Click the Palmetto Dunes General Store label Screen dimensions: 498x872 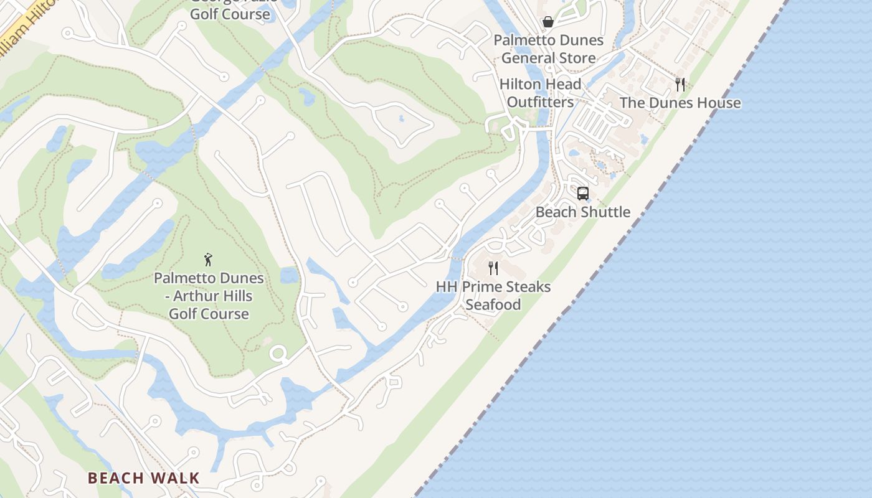[x=548, y=49]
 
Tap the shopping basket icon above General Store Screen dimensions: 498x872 [x=548, y=22]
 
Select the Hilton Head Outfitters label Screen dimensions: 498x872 [x=540, y=93]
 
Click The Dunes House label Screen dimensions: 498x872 [x=680, y=103]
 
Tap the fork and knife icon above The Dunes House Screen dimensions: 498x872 [x=680, y=84]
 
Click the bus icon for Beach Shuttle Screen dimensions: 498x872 [x=583, y=194]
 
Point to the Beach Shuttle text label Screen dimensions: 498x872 [x=583, y=212]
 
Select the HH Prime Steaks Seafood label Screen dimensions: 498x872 [x=493, y=296]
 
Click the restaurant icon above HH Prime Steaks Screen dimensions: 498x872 [x=493, y=268]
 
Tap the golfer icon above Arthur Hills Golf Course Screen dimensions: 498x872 [x=209, y=259]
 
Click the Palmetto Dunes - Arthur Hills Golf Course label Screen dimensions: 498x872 [x=209, y=296]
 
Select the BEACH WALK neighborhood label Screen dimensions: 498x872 [x=143, y=478]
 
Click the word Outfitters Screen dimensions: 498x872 [x=540, y=101]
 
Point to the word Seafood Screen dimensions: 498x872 [x=493, y=305]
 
